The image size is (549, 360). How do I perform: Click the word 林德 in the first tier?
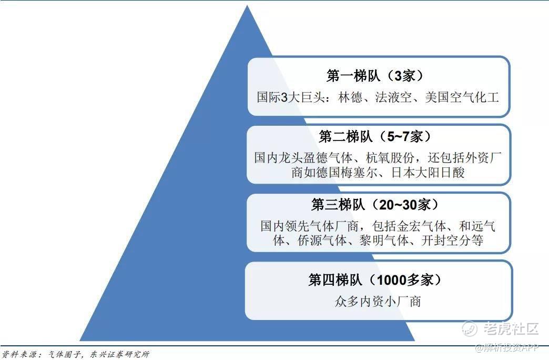click(x=350, y=97)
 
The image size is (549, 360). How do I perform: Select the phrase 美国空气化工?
click(x=462, y=97)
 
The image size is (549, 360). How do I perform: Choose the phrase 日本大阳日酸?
click(x=428, y=173)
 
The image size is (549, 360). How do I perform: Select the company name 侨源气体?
click(x=322, y=241)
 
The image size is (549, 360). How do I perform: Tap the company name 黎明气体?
click(x=384, y=241)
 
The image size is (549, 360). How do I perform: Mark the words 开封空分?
click(x=446, y=241)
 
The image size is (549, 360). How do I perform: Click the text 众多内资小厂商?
click(x=378, y=301)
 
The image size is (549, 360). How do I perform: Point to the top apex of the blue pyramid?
click(x=247, y=5)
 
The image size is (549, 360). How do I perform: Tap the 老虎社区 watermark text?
click(x=511, y=328)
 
